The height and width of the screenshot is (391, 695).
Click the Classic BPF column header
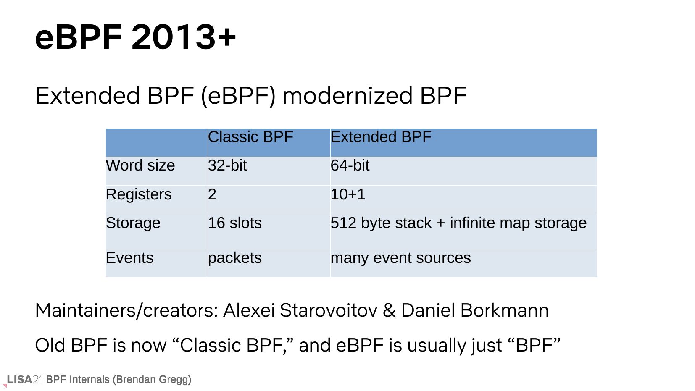(x=250, y=137)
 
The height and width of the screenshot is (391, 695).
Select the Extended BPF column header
(x=381, y=137)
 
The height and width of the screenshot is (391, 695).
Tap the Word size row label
(x=140, y=165)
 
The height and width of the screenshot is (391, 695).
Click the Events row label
(x=130, y=258)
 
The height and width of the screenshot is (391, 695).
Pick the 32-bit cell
(x=227, y=165)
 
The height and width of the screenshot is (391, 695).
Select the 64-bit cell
(x=350, y=165)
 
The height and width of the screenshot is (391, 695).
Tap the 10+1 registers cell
(x=348, y=194)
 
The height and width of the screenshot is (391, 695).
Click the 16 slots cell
(x=235, y=223)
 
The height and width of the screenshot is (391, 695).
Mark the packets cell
(x=235, y=258)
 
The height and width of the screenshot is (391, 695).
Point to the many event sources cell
(x=400, y=258)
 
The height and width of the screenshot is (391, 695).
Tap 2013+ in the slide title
(x=184, y=37)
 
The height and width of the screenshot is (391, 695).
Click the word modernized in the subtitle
(x=347, y=95)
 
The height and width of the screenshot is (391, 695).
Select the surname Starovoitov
(x=329, y=310)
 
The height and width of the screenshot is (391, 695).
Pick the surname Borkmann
(x=505, y=310)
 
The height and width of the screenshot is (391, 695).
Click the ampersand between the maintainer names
(x=389, y=310)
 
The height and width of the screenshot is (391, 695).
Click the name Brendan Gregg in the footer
(x=152, y=380)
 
